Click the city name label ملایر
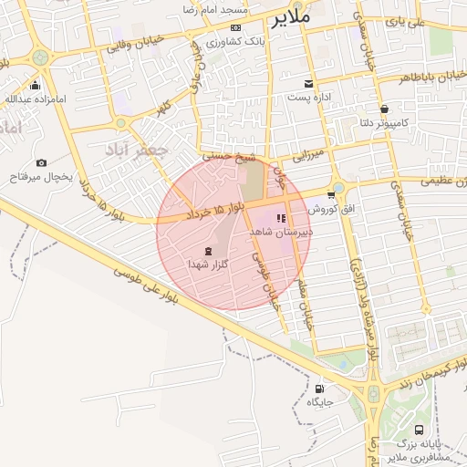[291, 16]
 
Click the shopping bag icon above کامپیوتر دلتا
[384, 107]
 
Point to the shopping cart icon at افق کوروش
[330, 194]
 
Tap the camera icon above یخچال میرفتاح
[41, 162]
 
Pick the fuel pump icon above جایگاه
[318, 387]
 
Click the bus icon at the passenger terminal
[419, 430]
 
